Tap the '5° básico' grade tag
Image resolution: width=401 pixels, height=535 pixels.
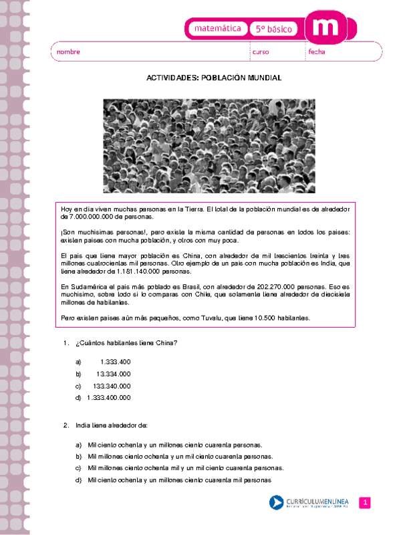point(274,29)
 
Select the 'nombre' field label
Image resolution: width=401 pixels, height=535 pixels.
point(68,52)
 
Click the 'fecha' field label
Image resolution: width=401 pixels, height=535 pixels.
point(317,52)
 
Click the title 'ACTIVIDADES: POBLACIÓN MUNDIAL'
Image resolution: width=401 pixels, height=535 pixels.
point(214,78)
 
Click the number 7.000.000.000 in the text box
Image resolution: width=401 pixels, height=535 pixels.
point(97,217)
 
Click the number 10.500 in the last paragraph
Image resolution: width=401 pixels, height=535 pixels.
point(279,317)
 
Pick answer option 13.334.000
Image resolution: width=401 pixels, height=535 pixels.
point(113,373)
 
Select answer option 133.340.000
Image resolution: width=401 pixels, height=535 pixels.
point(112,386)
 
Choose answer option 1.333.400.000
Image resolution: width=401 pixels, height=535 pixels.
point(108,398)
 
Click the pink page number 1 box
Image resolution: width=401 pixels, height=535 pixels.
point(365,503)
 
